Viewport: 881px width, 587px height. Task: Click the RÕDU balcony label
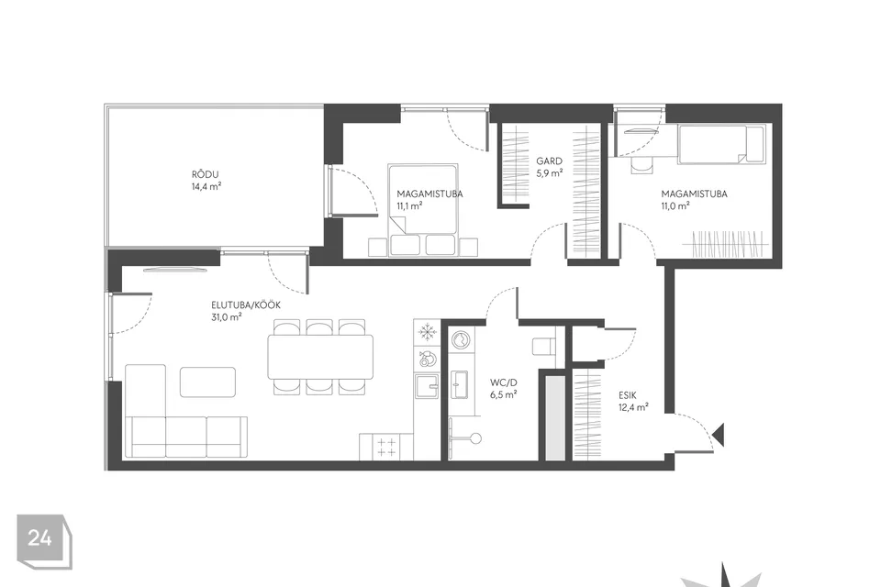[205, 174]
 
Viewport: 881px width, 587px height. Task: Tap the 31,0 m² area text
[227, 316]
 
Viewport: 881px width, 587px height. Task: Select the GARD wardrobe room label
[549, 161]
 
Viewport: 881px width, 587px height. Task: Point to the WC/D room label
[504, 382]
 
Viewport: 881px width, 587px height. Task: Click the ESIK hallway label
[628, 395]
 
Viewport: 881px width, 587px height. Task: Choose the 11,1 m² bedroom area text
[409, 206]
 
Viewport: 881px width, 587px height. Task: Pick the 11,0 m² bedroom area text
[675, 206]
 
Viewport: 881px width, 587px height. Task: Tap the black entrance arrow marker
[718, 434]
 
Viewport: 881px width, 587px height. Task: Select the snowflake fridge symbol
[428, 332]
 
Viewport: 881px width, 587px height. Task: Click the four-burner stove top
[386, 448]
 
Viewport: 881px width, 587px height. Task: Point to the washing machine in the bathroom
[463, 340]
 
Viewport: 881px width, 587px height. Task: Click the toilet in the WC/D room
[543, 346]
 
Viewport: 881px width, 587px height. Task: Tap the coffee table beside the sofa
[208, 382]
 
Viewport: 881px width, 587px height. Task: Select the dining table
[320, 357]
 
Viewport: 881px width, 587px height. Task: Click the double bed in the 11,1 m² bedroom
[422, 209]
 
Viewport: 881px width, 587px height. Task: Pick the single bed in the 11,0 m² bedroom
[722, 144]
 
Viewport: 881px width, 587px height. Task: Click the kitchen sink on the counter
[427, 386]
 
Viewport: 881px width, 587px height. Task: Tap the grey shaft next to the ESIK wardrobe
[554, 418]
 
